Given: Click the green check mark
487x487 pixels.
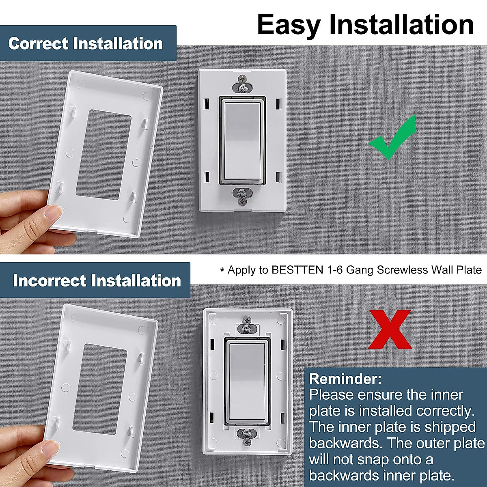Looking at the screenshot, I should (393, 140).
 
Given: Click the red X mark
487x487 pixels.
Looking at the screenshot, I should (390, 329).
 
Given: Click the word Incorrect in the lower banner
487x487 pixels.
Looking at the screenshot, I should (50, 281).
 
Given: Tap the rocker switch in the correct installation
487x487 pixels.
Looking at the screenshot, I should (242, 141).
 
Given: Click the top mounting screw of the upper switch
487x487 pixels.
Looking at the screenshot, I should (242, 87).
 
